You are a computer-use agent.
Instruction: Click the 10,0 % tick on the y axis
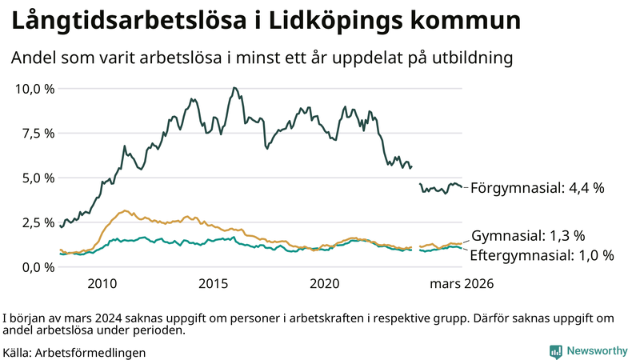coord(35,88)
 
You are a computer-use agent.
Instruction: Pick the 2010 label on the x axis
coord(102,284)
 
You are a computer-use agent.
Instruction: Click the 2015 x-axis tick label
coord(214,284)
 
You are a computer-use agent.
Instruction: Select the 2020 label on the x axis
coord(325,284)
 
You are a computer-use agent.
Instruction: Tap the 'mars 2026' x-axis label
coord(462,284)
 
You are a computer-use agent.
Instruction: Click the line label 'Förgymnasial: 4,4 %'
coord(537,189)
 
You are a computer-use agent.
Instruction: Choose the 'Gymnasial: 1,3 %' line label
coord(528,236)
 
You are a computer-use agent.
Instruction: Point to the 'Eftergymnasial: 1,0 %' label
coord(542,256)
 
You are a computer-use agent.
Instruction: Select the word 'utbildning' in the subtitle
coord(473,58)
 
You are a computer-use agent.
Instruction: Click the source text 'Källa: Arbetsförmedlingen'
coord(74,351)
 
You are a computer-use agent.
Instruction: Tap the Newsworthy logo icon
coord(555,350)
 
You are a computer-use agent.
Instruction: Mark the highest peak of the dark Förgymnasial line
coord(233,88)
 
